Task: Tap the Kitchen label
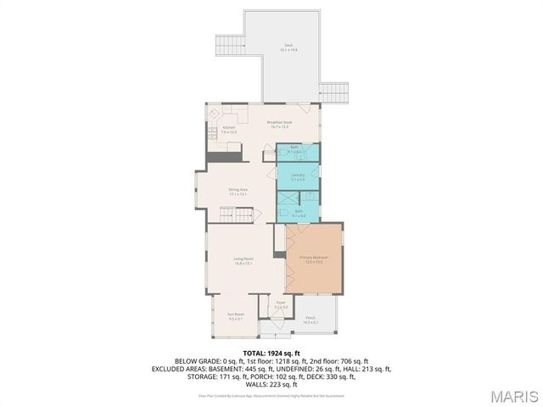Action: (x=229, y=129)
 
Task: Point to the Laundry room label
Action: (x=298, y=176)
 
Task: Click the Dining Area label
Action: (x=238, y=191)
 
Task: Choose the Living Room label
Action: (x=244, y=260)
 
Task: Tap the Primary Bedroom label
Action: (x=313, y=259)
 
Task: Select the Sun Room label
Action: (x=235, y=315)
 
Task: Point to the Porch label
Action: (x=311, y=321)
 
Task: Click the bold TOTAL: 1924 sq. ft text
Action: (x=271, y=352)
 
